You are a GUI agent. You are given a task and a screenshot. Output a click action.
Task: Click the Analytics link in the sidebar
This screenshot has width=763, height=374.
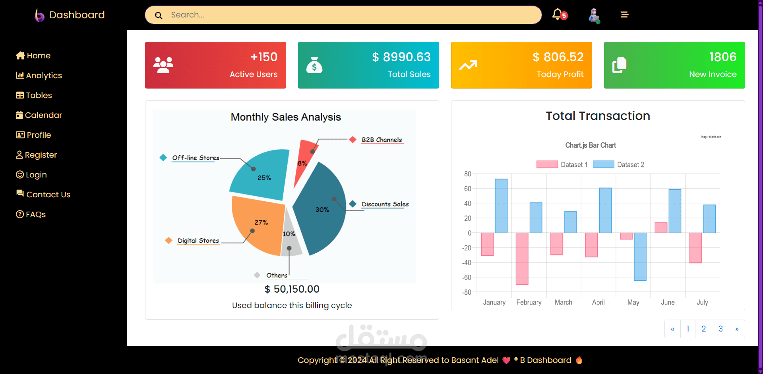point(39,75)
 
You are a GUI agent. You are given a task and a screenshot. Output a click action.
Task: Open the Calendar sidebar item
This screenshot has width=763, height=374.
point(39,115)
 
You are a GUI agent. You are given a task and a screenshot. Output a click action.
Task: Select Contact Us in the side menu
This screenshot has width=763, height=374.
point(43,195)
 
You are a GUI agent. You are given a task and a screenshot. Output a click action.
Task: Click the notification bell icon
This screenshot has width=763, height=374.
point(558,14)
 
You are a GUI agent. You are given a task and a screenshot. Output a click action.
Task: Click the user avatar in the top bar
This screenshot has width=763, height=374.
point(594,15)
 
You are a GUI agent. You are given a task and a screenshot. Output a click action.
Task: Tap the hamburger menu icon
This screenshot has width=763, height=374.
point(624,15)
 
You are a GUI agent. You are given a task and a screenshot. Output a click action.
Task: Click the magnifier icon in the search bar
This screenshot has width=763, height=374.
point(159,15)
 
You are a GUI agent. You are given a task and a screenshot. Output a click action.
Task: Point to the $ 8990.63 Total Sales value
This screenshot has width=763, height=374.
point(401,57)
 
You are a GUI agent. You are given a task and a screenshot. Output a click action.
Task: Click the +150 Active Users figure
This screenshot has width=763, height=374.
point(264,57)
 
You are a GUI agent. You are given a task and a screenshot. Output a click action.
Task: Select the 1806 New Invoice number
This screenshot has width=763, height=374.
point(723,57)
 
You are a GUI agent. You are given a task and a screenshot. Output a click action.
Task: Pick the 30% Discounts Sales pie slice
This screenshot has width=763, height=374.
point(322,210)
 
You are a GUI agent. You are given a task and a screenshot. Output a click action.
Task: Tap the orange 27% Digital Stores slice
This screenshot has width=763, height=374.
point(258,224)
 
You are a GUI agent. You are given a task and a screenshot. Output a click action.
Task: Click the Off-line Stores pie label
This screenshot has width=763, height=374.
point(196,158)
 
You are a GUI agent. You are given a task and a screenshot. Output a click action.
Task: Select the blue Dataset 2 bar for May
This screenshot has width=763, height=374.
point(640,256)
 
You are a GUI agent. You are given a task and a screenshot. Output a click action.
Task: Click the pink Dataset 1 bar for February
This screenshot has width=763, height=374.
point(522,258)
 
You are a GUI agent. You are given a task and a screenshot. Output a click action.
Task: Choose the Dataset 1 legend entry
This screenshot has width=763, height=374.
point(562,165)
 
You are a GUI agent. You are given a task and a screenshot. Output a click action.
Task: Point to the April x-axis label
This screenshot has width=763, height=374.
point(598,303)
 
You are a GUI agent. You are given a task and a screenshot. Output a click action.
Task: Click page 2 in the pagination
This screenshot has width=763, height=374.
point(703,329)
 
